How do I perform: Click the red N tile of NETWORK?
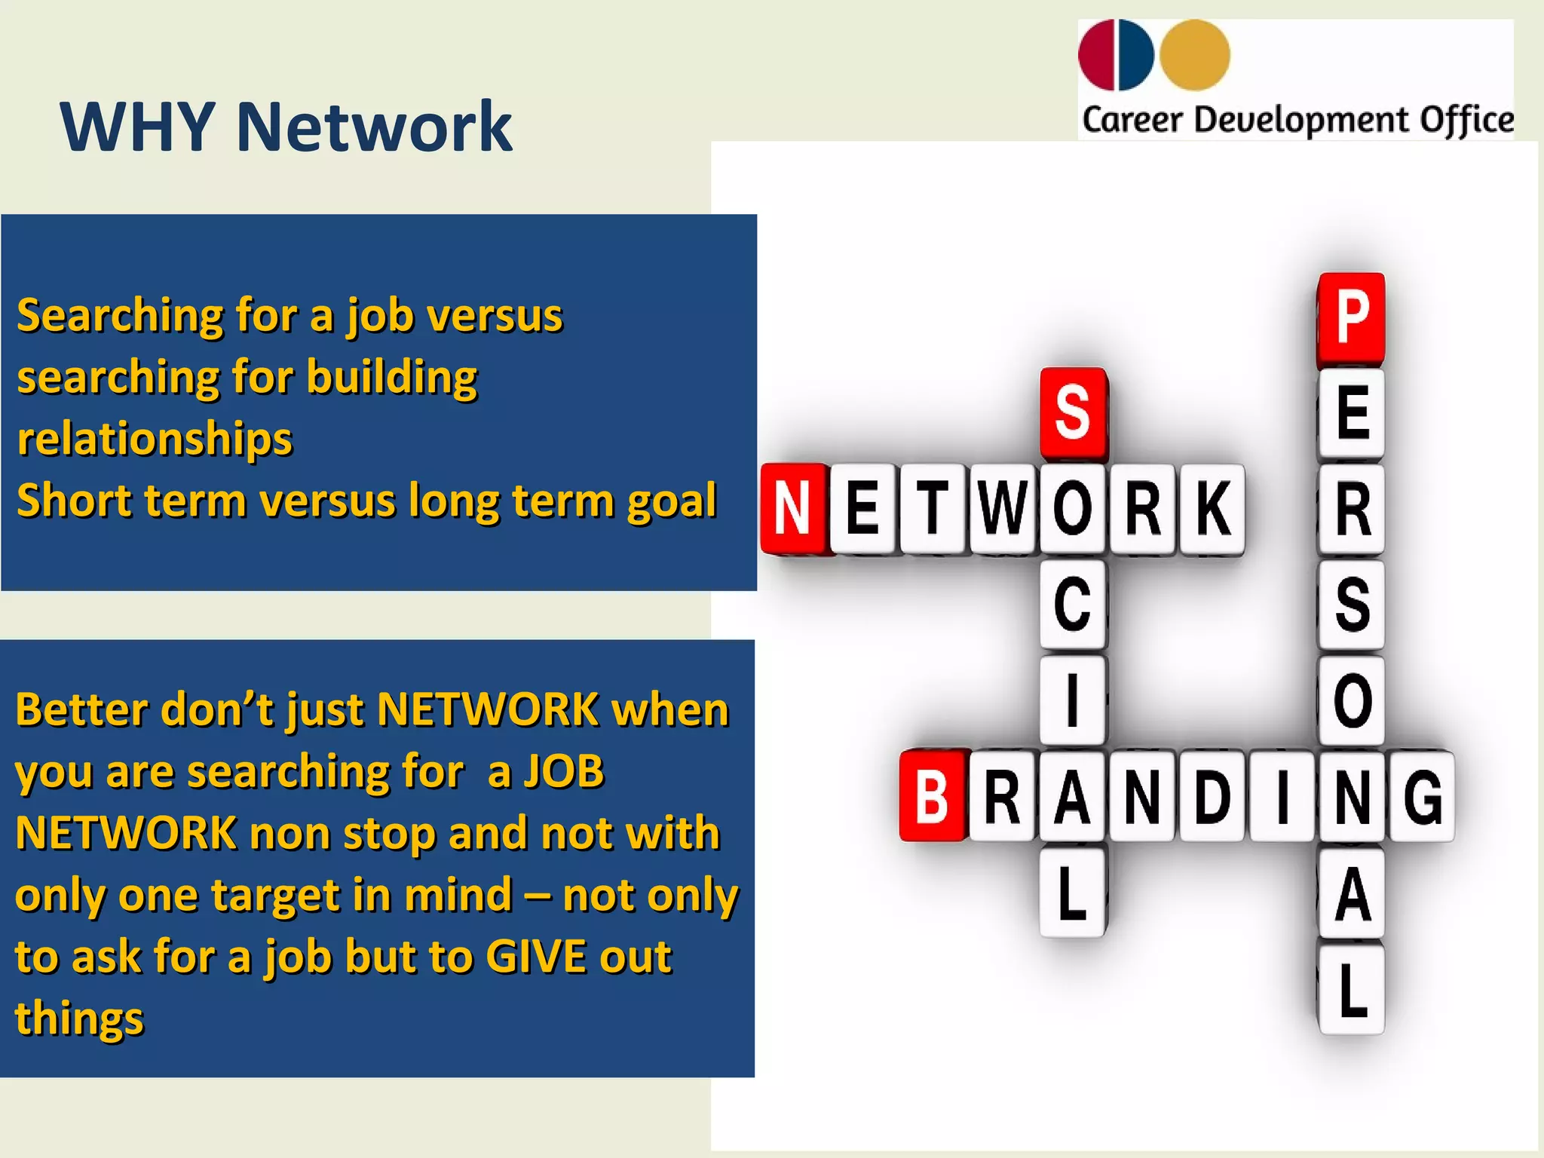click(x=793, y=509)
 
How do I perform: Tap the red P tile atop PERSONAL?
click(x=1352, y=318)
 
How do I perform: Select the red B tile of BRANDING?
click(x=933, y=796)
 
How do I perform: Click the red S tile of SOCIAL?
click(x=1073, y=413)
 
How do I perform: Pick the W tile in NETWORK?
click(x=1003, y=509)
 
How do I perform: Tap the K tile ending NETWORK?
click(x=1212, y=509)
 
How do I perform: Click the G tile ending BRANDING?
click(x=1422, y=796)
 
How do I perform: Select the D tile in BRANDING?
click(x=1212, y=796)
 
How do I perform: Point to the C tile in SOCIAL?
click(x=1073, y=605)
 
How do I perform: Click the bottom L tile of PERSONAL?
click(x=1352, y=989)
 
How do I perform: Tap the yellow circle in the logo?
click(x=1194, y=55)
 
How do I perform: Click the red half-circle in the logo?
click(x=1096, y=55)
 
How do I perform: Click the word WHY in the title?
click(x=137, y=127)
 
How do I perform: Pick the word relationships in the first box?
click(x=155, y=440)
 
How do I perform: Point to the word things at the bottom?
click(x=79, y=1019)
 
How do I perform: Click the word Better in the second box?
click(x=80, y=710)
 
